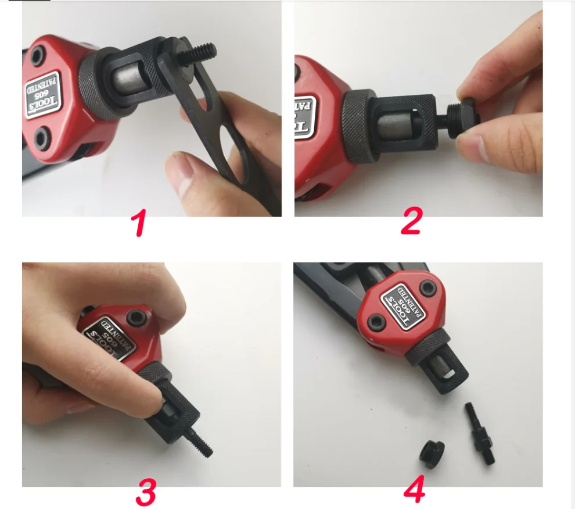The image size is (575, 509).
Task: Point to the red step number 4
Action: (414, 489)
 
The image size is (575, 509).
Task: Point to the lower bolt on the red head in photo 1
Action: (41, 138)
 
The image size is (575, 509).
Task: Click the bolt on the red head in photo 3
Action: (138, 316)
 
